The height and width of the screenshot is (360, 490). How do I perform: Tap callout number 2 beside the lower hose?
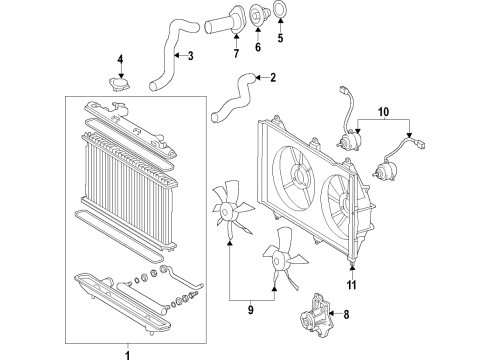pos(272,76)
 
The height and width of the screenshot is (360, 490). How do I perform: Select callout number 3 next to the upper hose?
pos(190,56)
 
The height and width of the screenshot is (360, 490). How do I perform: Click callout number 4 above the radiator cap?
pos(120,60)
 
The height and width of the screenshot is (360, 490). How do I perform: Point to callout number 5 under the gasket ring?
pos(280,40)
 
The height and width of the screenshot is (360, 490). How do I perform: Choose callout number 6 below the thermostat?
pos(257,45)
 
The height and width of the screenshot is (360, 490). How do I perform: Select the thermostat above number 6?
pos(256,16)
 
